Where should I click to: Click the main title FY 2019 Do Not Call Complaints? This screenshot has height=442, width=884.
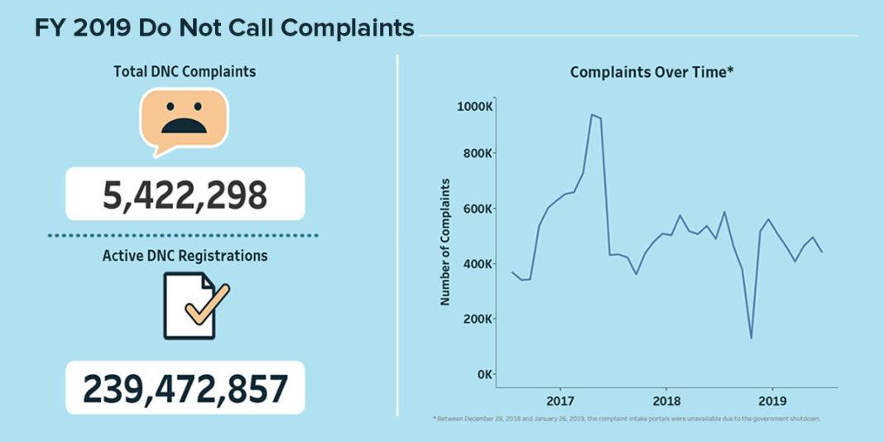click(223, 27)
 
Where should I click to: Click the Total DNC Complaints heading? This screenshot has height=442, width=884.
click(185, 72)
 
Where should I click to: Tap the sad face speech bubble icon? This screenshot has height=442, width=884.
click(184, 119)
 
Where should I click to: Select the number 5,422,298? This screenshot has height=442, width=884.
click(185, 195)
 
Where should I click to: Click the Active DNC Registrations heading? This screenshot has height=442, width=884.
click(185, 256)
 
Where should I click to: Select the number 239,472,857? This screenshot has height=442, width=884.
click(185, 387)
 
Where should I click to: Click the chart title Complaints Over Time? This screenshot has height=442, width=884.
click(652, 73)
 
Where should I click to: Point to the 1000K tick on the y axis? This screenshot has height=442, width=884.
click(475, 106)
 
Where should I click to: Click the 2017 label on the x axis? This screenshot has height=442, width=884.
click(560, 401)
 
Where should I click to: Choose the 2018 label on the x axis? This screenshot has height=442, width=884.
click(666, 401)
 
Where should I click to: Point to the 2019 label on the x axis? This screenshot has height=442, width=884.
click(772, 401)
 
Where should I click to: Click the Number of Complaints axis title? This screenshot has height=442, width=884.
click(445, 241)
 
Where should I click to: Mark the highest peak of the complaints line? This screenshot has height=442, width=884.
click(591, 115)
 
